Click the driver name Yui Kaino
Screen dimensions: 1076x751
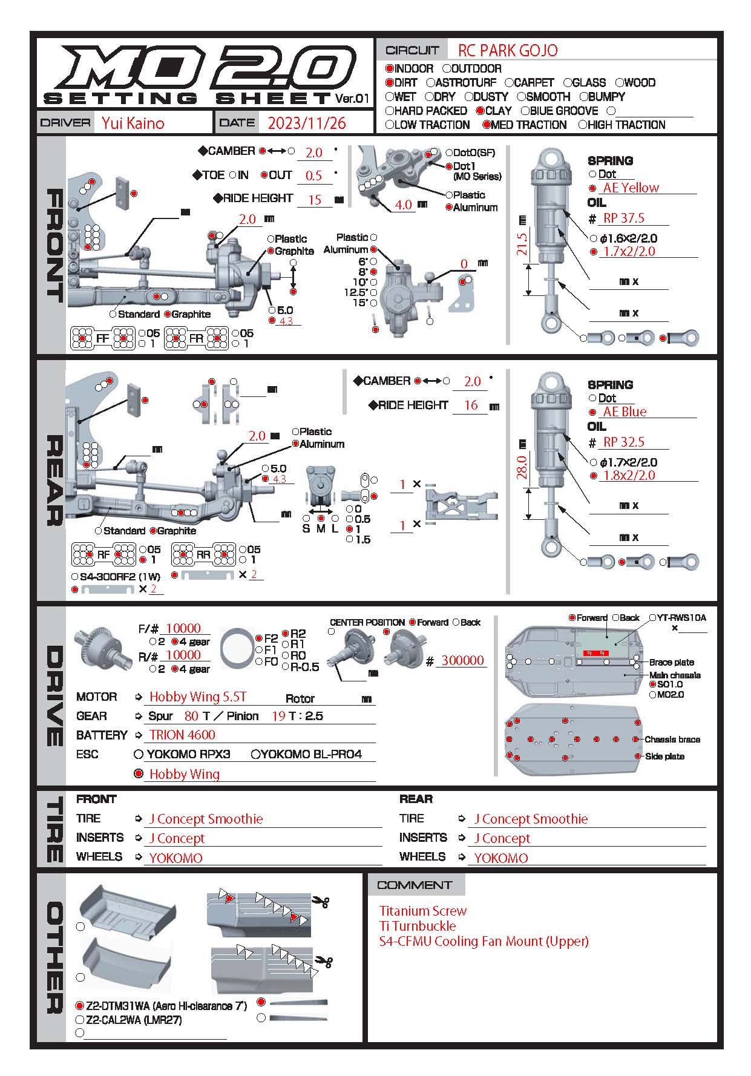pos(133,123)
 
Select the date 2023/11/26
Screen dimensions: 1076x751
pos(306,123)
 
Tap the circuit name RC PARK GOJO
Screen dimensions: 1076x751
pos(507,50)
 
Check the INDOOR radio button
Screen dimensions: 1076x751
pos(390,69)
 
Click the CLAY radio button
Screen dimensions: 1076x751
pos(480,111)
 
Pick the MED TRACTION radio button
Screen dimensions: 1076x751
pos(487,125)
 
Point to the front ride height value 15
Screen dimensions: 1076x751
pos(315,200)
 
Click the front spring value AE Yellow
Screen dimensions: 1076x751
pos(631,188)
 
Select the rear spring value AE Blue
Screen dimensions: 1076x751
pos(625,412)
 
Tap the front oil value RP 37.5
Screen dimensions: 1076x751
pos(623,218)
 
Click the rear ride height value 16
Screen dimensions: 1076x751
pos(471,405)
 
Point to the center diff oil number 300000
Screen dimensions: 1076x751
pos(462,660)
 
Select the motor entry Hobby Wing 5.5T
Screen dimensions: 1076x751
pos(198,697)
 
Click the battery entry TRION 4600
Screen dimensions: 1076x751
pos(182,735)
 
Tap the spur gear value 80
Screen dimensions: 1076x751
pos(191,716)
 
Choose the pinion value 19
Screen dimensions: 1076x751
pos(278,716)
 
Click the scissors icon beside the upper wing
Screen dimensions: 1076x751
pos(320,902)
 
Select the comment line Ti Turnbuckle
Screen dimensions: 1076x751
pos(417,926)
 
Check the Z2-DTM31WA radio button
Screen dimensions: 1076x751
pos(79,1006)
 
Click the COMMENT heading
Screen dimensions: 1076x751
pos(415,885)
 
